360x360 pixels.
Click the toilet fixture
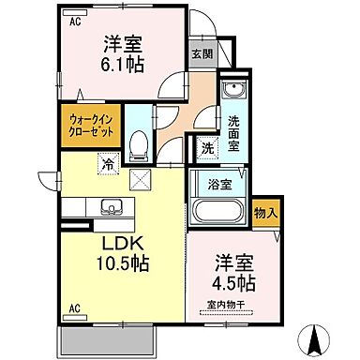point(138,142)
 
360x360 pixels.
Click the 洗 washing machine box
point(206,146)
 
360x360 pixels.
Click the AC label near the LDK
point(72,308)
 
